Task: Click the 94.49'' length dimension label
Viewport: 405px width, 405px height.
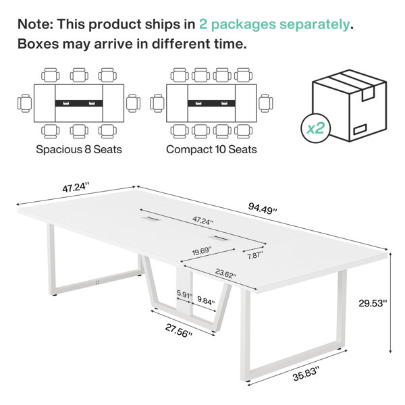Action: point(263,208)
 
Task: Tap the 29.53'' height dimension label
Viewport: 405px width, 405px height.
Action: point(373,303)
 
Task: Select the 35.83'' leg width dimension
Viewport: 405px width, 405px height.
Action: point(306,374)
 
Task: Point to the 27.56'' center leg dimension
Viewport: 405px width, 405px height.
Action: point(178,331)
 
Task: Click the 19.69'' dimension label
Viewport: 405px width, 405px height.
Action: point(202,251)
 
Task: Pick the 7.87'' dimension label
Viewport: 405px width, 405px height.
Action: point(255,255)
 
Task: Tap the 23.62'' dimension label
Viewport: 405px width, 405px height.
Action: point(225,273)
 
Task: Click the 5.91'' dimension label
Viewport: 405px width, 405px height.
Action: point(184,294)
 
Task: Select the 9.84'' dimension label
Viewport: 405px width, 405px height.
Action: point(206,300)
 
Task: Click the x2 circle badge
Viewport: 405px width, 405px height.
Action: point(315,128)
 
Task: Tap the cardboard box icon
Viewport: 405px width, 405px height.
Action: point(349,106)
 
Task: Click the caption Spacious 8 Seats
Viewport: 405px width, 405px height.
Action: point(79,149)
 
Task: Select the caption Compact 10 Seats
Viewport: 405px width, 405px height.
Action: point(211,149)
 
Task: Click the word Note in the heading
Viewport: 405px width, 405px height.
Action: point(35,24)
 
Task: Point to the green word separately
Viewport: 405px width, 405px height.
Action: point(315,25)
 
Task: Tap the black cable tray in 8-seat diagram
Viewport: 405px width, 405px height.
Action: point(79,103)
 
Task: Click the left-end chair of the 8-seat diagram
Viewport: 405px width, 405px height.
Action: point(25,103)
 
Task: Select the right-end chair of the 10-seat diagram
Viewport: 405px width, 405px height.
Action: point(266,103)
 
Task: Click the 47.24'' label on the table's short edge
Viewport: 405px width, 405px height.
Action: point(76,188)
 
